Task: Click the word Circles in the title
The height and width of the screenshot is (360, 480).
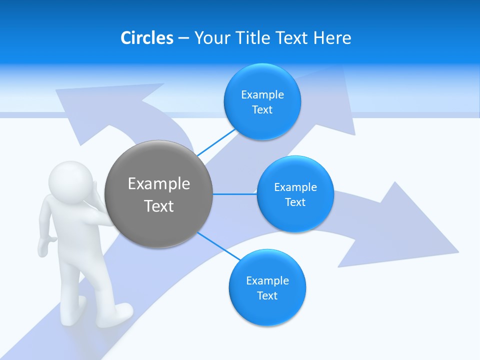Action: [x=146, y=38]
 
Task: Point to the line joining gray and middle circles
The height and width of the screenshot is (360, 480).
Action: [x=234, y=194]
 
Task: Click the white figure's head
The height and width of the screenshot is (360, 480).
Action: [x=70, y=180]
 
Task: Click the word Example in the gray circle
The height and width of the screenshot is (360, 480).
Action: [x=159, y=183]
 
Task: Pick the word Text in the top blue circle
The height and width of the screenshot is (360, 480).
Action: [x=262, y=109]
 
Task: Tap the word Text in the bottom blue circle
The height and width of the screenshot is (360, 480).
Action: [x=267, y=295]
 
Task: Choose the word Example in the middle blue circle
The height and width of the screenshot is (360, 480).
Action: [x=295, y=187]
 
